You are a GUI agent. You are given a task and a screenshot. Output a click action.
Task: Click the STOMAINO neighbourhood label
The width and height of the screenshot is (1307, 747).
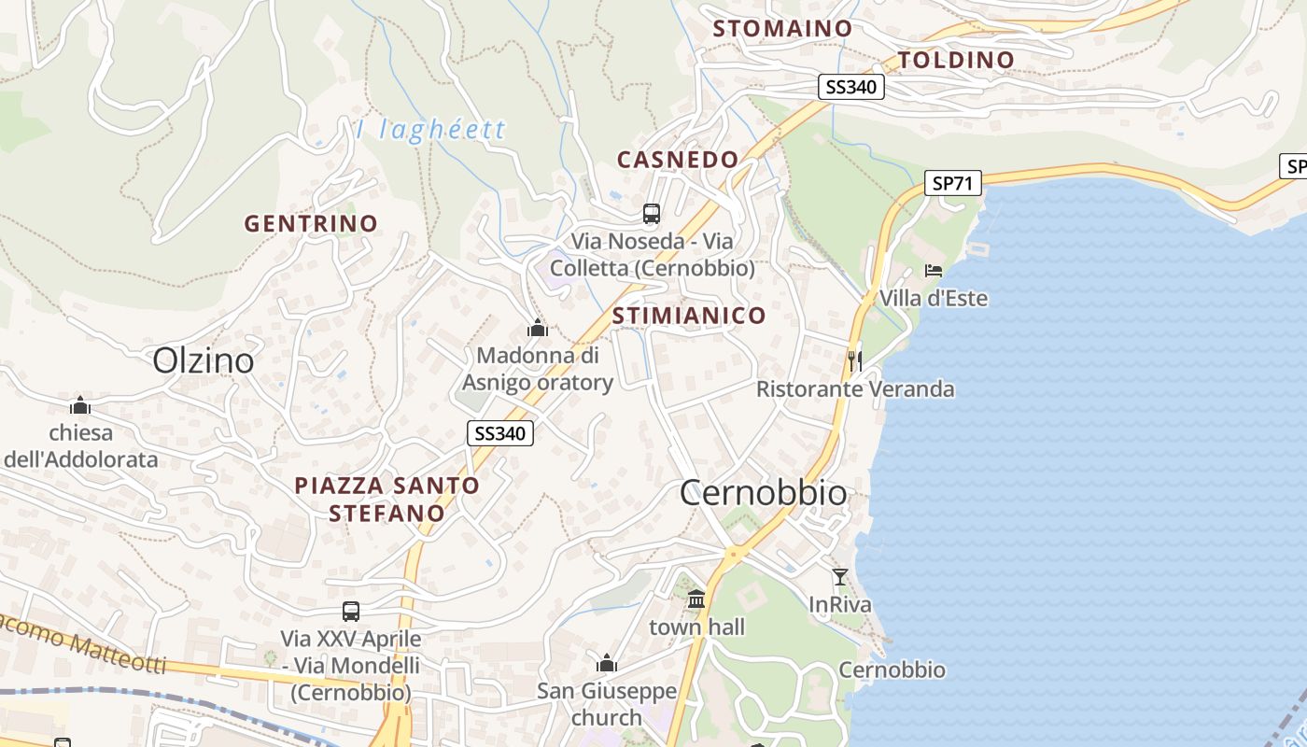click(x=782, y=29)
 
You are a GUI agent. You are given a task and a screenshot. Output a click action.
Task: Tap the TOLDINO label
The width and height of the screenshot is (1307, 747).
click(x=955, y=61)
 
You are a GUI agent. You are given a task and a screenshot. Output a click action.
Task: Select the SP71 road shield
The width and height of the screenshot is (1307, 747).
click(x=953, y=183)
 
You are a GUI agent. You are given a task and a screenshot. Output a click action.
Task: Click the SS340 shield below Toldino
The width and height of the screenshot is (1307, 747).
click(x=850, y=88)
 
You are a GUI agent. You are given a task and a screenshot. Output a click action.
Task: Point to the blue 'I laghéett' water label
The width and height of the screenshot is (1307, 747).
click(x=430, y=129)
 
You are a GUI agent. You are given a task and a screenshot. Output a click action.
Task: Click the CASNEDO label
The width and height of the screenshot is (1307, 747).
click(x=678, y=160)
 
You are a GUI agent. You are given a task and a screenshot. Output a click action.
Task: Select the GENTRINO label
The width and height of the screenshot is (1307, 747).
click(x=311, y=224)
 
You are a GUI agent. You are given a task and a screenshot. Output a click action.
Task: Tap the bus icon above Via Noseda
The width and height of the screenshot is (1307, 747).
click(x=652, y=214)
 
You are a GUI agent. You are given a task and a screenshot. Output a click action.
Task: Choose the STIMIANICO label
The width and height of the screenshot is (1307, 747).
click(x=689, y=316)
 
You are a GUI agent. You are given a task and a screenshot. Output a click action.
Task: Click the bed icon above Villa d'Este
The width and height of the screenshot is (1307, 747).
click(x=934, y=271)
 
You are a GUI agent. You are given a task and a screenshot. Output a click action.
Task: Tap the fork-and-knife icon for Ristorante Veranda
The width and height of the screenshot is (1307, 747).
click(x=854, y=359)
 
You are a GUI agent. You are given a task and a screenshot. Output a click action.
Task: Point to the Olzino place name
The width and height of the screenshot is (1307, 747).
click(x=203, y=360)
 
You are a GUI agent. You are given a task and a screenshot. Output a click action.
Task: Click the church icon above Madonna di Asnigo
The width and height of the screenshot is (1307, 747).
click(x=537, y=328)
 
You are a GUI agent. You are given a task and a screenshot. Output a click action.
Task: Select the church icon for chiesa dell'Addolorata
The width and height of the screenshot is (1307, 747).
click(x=80, y=405)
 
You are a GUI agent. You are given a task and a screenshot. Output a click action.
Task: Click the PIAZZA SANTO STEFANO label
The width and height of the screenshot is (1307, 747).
click(x=386, y=500)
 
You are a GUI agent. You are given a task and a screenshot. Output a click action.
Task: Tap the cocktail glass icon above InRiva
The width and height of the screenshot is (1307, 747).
click(x=840, y=577)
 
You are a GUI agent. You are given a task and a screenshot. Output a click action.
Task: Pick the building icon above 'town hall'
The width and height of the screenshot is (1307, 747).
click(x=696, y=599)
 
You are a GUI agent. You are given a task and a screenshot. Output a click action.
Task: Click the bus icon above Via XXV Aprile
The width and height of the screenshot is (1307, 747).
click(x=351, y=612)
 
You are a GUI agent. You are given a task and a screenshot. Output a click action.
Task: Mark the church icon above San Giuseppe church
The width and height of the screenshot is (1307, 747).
click(x=607, y=664)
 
